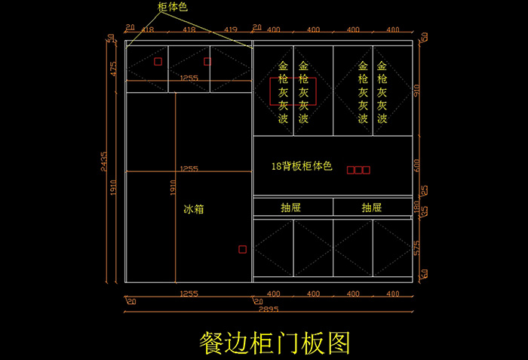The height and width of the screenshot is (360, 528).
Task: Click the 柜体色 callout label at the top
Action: click(x=173, y=7)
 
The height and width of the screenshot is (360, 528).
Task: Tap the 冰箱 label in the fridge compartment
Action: click(x=194, y=208)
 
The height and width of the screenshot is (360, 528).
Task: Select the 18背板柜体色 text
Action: click(x=302, y=165)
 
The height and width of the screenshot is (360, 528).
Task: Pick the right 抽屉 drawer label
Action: click(x=371, y=208)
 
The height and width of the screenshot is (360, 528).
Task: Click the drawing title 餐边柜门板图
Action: click(x=275, y=342)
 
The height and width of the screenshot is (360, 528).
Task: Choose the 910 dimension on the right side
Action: click(x=417, y=91)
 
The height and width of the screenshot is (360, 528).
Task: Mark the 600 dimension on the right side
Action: click(x=417, y=165)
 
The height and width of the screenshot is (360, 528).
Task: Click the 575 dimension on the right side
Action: click(x=417, y=247)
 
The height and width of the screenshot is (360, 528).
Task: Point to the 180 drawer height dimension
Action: click(x=417, y=205)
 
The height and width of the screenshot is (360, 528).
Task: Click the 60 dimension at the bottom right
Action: click(x=424, y=273)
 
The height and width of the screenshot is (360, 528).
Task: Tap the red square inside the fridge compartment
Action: click(x=242, y=249)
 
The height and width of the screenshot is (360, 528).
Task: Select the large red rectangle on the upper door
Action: click(x=293, y=91)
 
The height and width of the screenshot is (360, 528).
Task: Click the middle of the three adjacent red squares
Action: click(x=358, y=171)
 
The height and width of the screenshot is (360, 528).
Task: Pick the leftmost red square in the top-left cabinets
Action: click(x=158, y=62)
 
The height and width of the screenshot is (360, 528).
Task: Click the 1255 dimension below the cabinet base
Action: click(x=189, y=294)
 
